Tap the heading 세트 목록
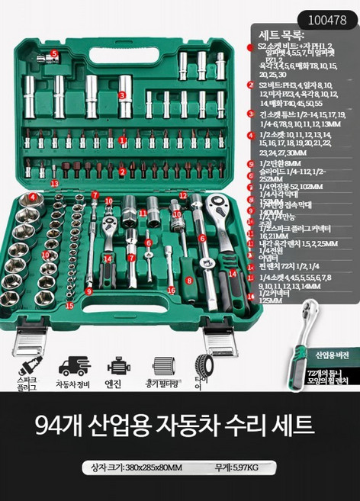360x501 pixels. click(282, 35)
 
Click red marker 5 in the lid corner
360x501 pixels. click(54, 53)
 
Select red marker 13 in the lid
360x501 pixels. click(54, 184)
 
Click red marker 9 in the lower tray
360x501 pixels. click(88, 291)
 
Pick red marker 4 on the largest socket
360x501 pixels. click(33, 197)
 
